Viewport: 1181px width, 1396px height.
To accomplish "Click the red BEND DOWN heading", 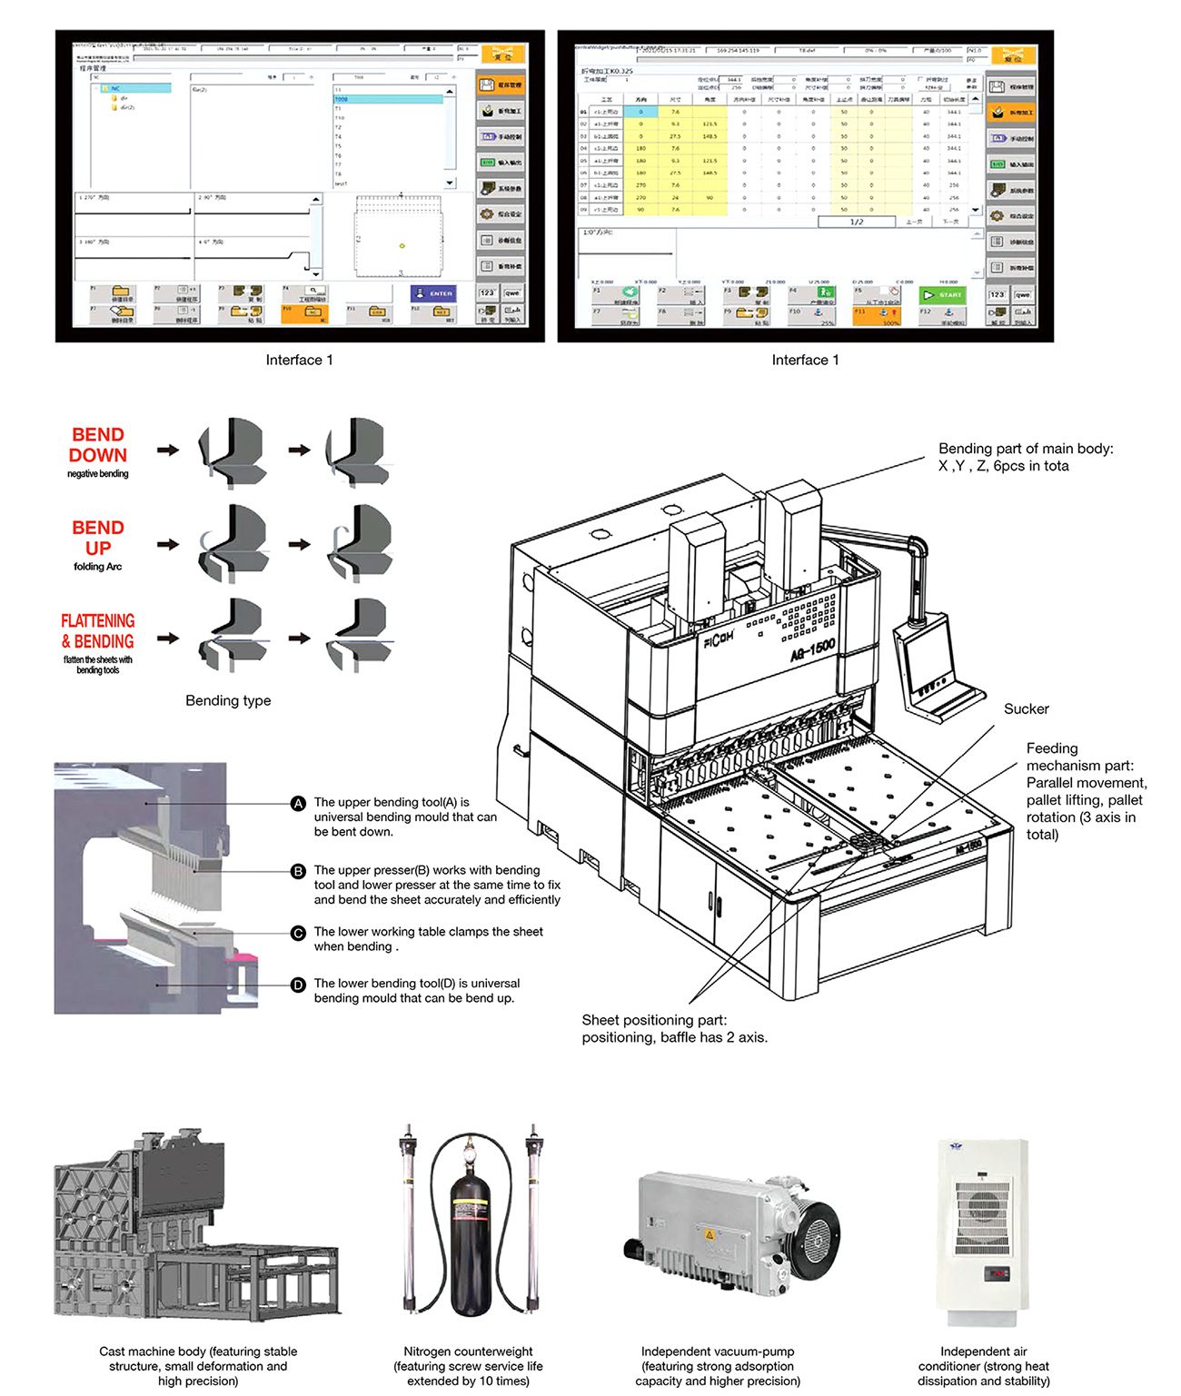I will pyautogui.click(x=98, y=445).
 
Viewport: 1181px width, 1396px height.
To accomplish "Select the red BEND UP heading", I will pyautogui.click(x=98, y=538).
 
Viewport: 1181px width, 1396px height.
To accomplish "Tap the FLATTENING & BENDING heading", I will pyautogui.click(x=98, y=631).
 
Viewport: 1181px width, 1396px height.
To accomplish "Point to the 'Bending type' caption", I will pyautogui.click(x=228, y=700).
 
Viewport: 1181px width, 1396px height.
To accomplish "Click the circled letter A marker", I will pyautogui.click(x=298, y=804).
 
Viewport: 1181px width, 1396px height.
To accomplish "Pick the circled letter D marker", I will pyautogui.click(x=298, y=985).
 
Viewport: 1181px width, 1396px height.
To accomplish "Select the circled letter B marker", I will pyautogui.click(x=298, y=872).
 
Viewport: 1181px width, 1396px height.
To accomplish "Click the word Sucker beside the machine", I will pyautogui.click(x=1026, y=709).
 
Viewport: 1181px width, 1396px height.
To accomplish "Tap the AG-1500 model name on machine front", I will pyautogui.click(x=812, y=649).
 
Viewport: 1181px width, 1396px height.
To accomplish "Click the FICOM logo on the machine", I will pyautogui.click(x=719, y=639).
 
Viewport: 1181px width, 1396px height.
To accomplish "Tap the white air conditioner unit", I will pyautogui.click(x=983, y=1231).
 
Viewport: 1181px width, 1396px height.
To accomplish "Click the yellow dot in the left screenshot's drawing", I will pyautogui.click(x=402, y=245).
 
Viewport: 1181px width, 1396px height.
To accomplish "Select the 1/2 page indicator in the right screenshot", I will pyautogui.click(x=856, y=222).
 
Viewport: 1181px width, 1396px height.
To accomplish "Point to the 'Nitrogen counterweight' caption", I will pyautogui.click(x=468, y=1351).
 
